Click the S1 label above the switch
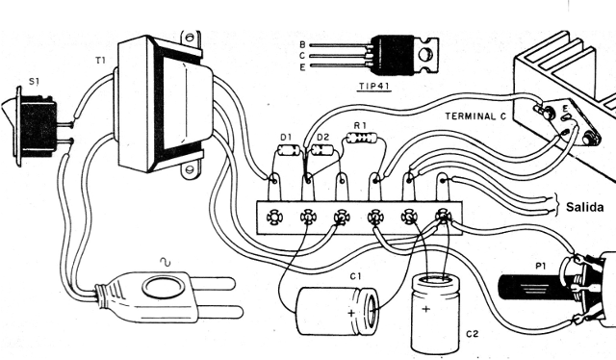pos(35,82)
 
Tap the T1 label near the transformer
pos(100,60)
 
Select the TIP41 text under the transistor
pos(375,86)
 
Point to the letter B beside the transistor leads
pos(302,44)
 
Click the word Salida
pos(584,207)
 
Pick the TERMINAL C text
pos(475,116)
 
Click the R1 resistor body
pos(362,138)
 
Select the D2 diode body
pos(322,150)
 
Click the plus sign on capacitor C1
pos(351,313)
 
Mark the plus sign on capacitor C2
pos(425,309)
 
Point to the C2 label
pos(473,334)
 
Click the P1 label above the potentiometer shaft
pos(541,266)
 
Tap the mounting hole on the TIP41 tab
pos(425,54)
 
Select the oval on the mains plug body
pos(163,287)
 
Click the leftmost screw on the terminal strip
pos(273,217)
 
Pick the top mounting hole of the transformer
pos(191,38)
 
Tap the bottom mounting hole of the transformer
pos(190,169)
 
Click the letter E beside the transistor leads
pos(302,67)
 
